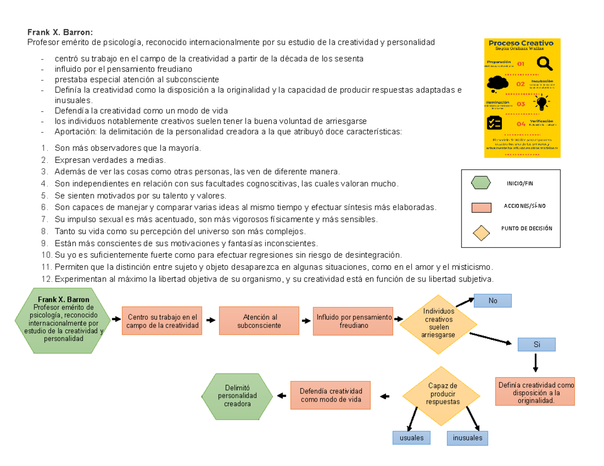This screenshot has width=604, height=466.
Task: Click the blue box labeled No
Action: [492, 301]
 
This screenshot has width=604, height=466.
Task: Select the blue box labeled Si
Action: [536, 344]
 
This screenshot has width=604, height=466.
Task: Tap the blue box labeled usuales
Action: [411, 438]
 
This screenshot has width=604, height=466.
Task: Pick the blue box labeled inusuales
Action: [467, 438]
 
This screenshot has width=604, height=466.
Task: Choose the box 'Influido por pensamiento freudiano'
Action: [353, 321]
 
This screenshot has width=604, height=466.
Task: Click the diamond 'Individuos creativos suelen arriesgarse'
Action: [438, 323]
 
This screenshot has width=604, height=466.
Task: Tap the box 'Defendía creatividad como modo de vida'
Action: [331, 395]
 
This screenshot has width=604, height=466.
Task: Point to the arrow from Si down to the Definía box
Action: [536, 363]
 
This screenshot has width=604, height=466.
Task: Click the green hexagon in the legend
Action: [481, 183]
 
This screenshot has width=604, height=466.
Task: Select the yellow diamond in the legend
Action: [481, 232]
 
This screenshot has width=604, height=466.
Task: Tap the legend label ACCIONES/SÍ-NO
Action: [524, 206]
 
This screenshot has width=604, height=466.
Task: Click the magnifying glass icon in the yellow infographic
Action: [545, 64]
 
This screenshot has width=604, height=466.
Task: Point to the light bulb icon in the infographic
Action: [542, 103]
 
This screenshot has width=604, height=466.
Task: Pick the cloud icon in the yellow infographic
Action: [497, 82]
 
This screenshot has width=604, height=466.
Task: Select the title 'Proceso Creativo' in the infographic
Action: [521, 43]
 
